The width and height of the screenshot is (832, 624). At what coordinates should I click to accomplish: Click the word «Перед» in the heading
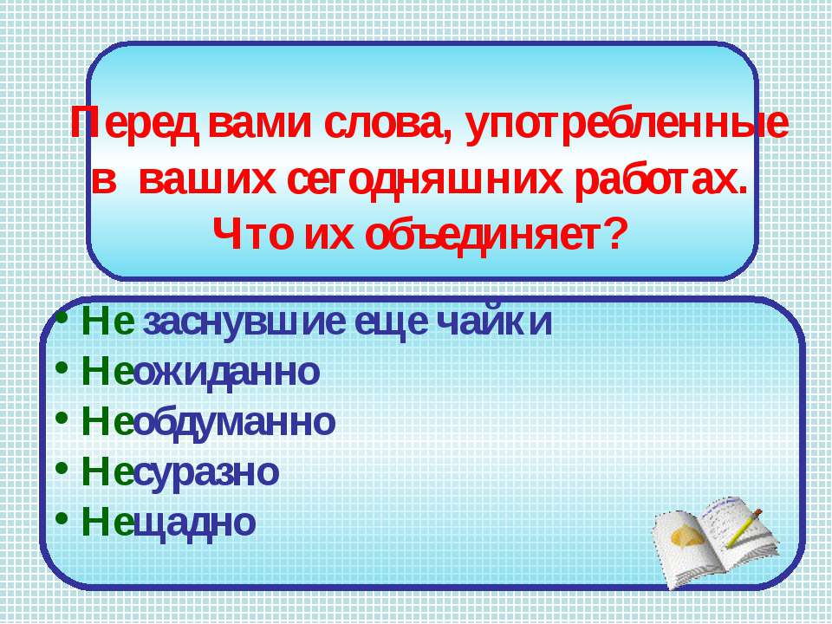click(136, 125)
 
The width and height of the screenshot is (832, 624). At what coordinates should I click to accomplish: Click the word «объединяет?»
click(494, 235)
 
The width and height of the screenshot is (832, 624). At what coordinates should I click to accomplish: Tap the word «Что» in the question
click(252, 235)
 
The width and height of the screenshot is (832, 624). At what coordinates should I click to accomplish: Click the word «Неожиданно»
click(200, 372)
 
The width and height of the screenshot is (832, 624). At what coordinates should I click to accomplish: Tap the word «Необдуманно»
click(209, 422)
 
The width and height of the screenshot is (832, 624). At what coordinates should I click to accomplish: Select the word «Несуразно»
click(180, 471)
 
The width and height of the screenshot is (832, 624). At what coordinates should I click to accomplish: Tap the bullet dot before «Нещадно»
click(62, 517)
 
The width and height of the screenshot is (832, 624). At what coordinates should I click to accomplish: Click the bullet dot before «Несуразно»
click(62, 467)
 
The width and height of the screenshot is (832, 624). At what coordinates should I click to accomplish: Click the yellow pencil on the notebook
click(744, 528)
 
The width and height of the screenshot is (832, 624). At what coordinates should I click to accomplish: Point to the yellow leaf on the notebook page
click(689, 536)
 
